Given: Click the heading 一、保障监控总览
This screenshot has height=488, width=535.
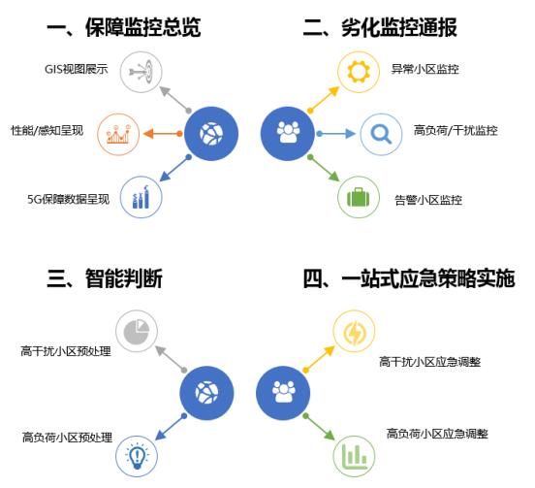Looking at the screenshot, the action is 123,27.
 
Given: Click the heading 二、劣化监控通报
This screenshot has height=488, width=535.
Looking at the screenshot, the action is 380,27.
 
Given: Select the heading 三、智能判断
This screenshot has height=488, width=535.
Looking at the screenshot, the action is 105,278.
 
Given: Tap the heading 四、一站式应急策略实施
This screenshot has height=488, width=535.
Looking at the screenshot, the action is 409,278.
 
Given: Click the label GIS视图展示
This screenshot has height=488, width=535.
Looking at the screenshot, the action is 77,69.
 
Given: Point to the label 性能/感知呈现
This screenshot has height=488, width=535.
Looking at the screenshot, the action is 47,130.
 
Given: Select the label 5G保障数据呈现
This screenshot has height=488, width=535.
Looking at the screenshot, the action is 68,199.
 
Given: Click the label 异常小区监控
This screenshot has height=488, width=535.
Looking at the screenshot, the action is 425,69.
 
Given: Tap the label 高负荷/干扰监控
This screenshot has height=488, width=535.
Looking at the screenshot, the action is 456,130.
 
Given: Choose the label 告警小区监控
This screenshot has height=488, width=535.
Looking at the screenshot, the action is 428,200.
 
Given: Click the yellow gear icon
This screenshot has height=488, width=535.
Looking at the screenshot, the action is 359,72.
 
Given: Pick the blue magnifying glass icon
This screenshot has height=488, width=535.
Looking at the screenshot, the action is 381,134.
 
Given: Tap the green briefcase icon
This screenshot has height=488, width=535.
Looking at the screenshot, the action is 359,197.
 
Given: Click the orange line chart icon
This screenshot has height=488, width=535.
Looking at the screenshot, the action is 118,134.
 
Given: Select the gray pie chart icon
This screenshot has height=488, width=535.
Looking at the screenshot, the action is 137,331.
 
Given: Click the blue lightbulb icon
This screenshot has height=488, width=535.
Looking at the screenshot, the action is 137,456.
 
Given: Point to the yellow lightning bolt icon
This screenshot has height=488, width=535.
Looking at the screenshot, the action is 354,332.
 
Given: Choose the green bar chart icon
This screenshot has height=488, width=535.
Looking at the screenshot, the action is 354,456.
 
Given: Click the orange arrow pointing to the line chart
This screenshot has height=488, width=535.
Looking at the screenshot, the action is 163,134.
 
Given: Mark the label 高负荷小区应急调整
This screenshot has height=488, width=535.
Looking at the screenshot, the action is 437,434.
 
